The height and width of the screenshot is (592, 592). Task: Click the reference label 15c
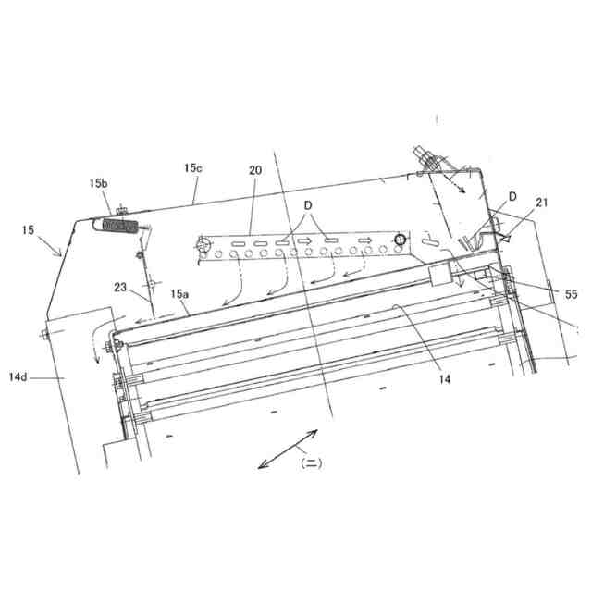click(192, 168)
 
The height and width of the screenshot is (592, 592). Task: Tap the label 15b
click(99, 184)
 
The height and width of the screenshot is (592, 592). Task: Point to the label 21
click(541, 203)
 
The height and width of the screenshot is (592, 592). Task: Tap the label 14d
click(19, 377)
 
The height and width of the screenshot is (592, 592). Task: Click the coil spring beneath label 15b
click(120, 226)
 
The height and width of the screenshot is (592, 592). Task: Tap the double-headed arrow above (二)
click(288, 450)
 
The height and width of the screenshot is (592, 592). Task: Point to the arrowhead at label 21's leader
click(505, 238)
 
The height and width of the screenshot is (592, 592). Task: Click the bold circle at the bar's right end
click(400, 240)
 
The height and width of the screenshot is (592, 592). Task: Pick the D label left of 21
click(511, 196)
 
